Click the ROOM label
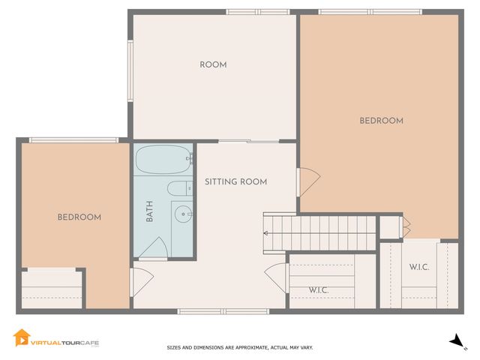[x=213, y=65]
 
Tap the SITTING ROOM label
[x=235, y=182]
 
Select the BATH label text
[x=149, y=214]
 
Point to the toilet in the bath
[x=179, y=188]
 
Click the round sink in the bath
[x=181, y=214]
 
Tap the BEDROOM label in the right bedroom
[x=381, y=121]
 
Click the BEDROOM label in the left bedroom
[x=79, y=217]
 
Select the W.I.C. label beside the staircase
[x=319, y=290]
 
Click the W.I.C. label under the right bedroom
[x=419, y=268]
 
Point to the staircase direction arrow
[x=266, y=232]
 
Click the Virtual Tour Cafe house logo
[x=21, y=338]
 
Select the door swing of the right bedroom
[x=308, y=180]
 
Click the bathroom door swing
[x=155, y=248]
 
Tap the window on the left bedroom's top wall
[x=73, y=139]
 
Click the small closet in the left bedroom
[x=51, y=288]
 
